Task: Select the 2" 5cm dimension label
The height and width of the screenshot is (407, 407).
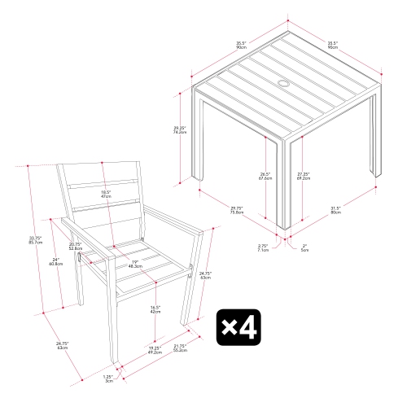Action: pyautogui.click(x=304, y=247)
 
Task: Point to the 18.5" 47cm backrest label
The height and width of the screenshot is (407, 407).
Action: pyautogui.click(x=106, y=194)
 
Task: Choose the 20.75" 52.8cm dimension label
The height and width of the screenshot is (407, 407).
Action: pyautogui.click(x=76, y=245)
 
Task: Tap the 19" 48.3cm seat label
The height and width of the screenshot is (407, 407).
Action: pyautogui.click(x=136, y=264)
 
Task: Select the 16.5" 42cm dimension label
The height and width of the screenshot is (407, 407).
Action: pyautogui.click(x=154, y=309)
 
